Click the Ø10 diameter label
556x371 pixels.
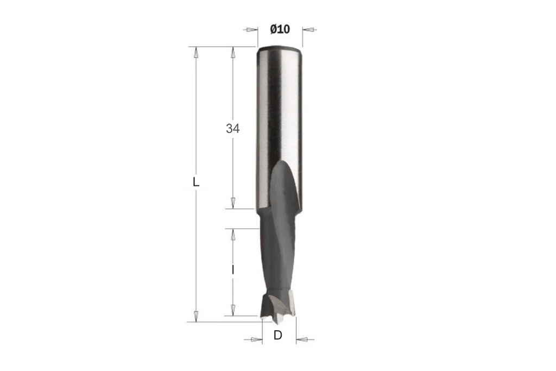[280, 29]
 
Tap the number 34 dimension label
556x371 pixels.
[232, 128]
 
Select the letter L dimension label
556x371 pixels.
[195, 183]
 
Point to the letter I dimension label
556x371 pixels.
[233, 271]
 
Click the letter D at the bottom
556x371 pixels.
[277, 335]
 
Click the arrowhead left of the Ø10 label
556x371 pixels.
[252, 29]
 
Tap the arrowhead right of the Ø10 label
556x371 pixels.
[308, 30]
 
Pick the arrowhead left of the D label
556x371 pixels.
[257, 339]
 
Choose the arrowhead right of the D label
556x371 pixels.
[302, 339]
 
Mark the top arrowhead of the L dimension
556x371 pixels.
[195, 53]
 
